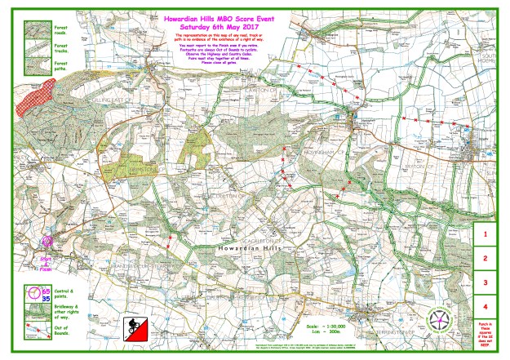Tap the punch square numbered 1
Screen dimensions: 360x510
pyautogui.click(x=486, y=233)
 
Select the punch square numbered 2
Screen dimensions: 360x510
pyautogui.click(x=486, y=258)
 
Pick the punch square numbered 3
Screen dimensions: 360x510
pyautogui.click(x=486, y=282)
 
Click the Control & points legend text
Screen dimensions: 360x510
pyautogui.click(x=63, y=292)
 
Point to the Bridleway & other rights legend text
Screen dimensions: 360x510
pyautogui.click(x=63, y=311)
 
